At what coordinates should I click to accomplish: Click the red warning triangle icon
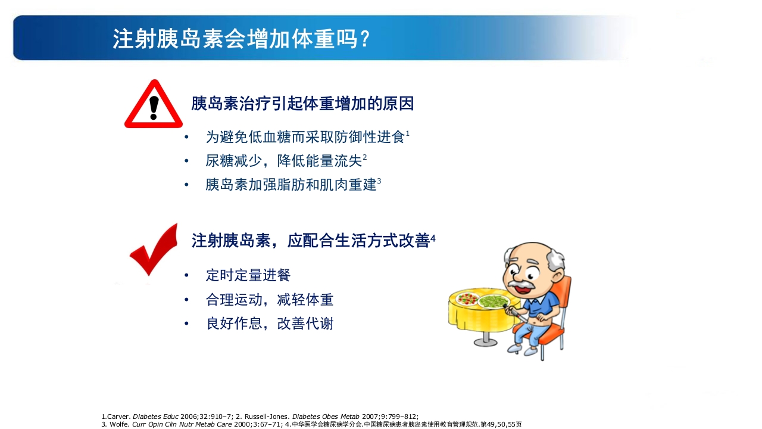click(154, 105)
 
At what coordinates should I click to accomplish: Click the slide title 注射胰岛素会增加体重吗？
click(242, 39)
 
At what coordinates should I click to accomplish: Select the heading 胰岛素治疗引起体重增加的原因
click(302, 104)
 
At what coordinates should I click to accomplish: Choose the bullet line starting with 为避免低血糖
click(305, 138)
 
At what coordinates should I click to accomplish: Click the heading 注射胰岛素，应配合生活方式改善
click(310, 241)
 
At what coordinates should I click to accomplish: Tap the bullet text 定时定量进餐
click(248, 275)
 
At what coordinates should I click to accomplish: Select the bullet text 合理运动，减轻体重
click(270, 300)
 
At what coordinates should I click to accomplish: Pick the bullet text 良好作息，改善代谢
click(270, 324)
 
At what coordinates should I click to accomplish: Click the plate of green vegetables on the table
click(494, 301)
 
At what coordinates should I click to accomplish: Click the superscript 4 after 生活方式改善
click(433, 238)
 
